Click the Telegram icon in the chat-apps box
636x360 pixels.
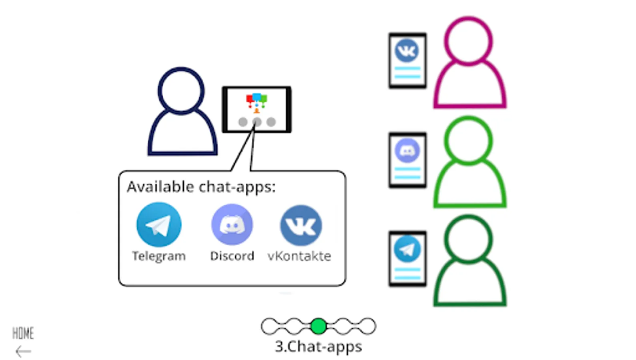[x=159, y=224]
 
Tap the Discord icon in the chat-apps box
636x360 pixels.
[x=232, y=224]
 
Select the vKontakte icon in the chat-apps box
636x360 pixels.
[x=301, y=225]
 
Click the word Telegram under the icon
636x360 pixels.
[x=159, y=256]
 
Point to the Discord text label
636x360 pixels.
[x=232, y=256]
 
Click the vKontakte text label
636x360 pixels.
[x=299, y=256]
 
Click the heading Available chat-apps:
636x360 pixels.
[x=201, y=187]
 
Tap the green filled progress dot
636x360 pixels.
[x=319, y=326]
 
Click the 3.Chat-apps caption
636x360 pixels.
[x=319, y=346]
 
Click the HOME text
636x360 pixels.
[x=23, y=333]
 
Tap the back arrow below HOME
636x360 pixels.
[x=23, y=352]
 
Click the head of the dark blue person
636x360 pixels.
[x=181, y=90]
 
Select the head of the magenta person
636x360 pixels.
[x=468, y=41]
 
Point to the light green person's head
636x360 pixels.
[x=468, y=140]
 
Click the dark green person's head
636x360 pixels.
[x=468, y=239]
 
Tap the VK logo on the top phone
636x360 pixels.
[x=407, y=51]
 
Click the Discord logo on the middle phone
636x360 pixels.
[x=407, y=150]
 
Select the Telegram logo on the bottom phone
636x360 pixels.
[x=407, y=249]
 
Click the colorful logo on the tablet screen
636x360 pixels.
[x=257, y=102]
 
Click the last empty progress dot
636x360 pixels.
[x=367, y=326]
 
